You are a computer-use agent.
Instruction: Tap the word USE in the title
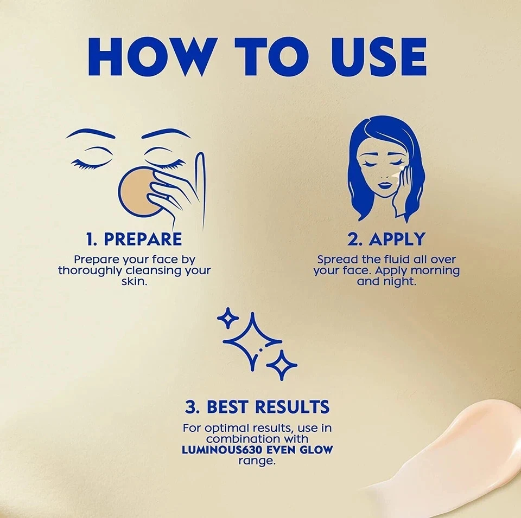click(x=379, y=57)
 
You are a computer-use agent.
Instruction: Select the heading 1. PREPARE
click(x=134, y=239)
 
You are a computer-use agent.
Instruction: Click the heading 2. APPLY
click(x=386, y=239)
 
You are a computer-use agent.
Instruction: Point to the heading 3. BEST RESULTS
click(x=257, y=407)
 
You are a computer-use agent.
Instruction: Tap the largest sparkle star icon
click(x=252, y=342)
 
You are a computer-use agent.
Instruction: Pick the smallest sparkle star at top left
click(x=228, y=318)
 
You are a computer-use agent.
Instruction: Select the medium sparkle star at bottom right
click(x=282, y=365)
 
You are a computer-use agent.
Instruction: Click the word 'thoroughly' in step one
click(x=90, y=271)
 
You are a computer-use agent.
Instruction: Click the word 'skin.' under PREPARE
click(x=134, y=282)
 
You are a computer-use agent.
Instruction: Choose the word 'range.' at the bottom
click(x=257, y=461)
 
